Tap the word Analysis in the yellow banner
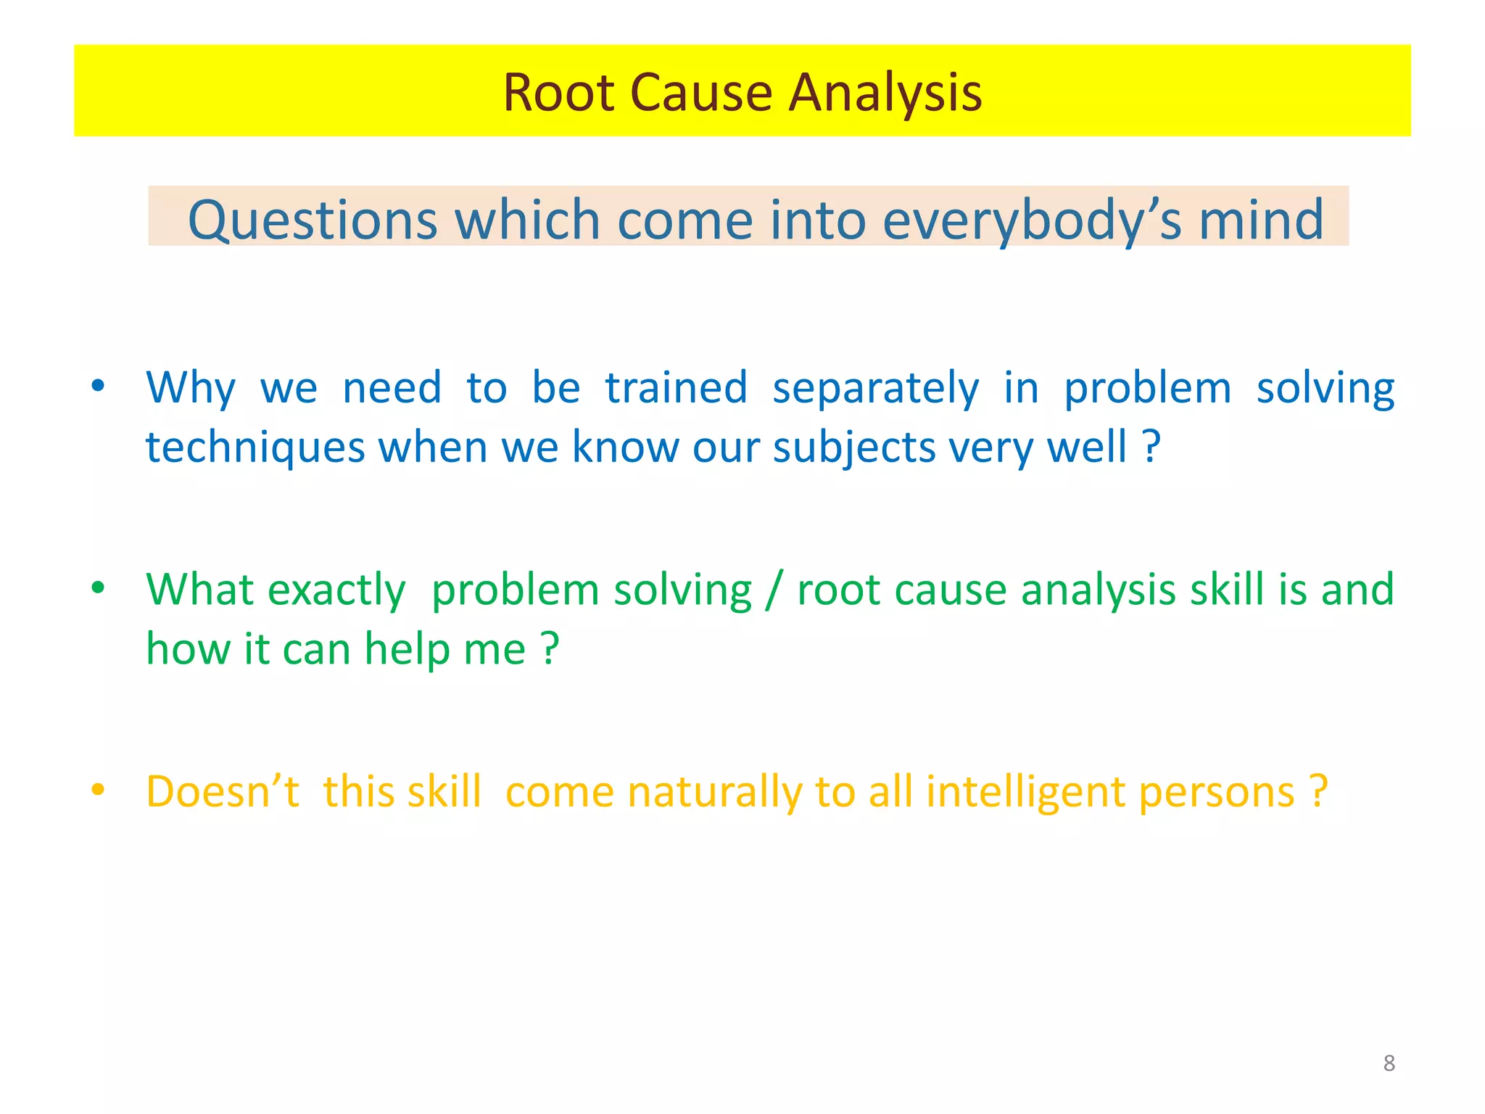coord(885,93)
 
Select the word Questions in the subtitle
coord(313,220)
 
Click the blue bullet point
coord(98,385)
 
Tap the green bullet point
coord(98,587)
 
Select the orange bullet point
coord(98,789)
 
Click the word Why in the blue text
coord(191,388)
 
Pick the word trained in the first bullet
coord(676,388)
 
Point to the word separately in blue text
coord(875,388)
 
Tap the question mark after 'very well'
coord(1152,447)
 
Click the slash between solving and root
coord(774,590)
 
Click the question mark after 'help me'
coord(550,648)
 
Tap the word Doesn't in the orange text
coord(223,791)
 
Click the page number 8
coord(1389,1063)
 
